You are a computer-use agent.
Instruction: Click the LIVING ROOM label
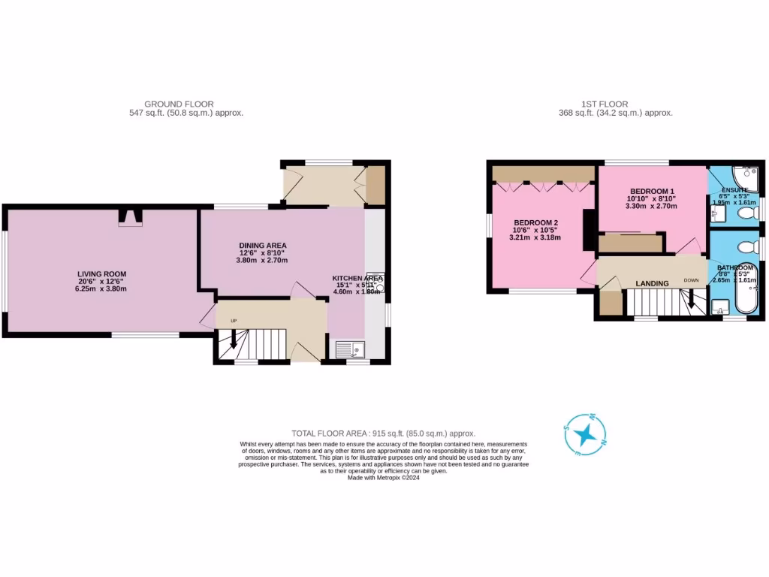pos(101,273)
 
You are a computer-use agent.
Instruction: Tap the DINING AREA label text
pos(263,246)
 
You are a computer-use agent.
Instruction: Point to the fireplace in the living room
pos(131,217)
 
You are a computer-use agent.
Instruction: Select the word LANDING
pos(652,283)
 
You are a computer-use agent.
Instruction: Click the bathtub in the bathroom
pos(745,289)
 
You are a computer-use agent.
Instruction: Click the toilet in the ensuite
pos(748,215)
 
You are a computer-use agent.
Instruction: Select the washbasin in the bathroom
pos(719,307)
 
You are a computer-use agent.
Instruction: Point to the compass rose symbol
pos(584,435)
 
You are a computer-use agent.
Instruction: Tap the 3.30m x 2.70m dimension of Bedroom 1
pos(651,206)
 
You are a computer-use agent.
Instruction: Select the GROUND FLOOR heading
pos(179,104)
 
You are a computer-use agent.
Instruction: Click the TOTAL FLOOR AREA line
pos(384,434)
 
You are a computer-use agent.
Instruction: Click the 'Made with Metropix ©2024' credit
pos(384,477)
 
